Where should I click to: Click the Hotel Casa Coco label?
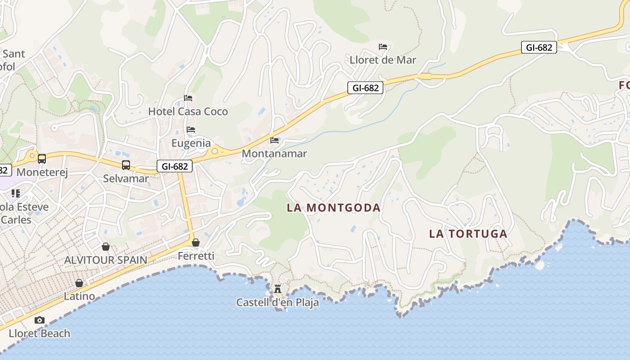(188, 111)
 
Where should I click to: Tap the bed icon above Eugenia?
(191, 130)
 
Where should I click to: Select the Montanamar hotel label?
(274, 153)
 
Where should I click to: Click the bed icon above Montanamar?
(274, 140)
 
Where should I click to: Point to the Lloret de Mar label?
(383, 60)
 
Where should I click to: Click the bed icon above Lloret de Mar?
(383, 46)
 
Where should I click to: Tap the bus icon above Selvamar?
(126, 165)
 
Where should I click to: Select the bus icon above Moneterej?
(42, 159)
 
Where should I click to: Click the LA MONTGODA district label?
(333, 207)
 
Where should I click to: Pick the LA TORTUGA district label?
(468, 234)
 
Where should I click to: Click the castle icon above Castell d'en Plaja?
(278, 288)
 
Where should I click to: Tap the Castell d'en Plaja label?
(278, 302)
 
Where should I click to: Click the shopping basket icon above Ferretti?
(196, 243)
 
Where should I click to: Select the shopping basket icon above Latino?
(79, 283)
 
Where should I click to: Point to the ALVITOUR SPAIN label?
(106, 260)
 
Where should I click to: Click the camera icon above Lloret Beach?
(40, 320)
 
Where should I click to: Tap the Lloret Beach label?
(40, 333)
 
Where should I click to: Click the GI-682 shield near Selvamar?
(175, 166)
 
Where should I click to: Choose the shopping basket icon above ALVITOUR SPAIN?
(106, 247)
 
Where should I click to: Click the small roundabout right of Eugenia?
(215, 151)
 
